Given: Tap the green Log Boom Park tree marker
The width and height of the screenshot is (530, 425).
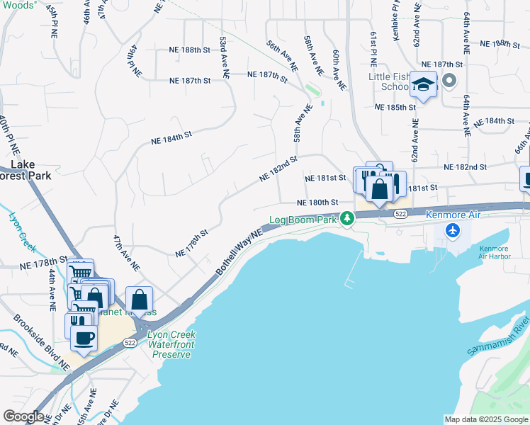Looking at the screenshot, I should [346, 218].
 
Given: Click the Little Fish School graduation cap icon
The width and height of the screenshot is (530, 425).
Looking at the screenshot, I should [423, 85].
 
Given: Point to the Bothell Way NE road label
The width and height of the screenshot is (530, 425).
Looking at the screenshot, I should [239, 252].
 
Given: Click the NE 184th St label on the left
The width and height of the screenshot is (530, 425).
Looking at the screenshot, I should [171, 137].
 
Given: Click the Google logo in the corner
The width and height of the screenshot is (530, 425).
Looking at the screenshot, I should [23, 416].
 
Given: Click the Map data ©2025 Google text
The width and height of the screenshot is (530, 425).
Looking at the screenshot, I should [485, 419].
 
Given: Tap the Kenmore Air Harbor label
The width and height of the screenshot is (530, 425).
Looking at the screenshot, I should [494, 254].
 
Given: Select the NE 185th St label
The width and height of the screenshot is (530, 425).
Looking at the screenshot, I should [395, 108].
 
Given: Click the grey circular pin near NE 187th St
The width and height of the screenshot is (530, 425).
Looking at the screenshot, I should [449, 81].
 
